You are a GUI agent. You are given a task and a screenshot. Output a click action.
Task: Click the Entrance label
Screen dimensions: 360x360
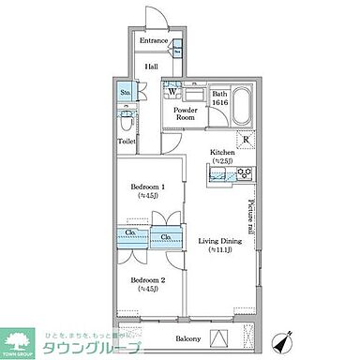tap(154, 41)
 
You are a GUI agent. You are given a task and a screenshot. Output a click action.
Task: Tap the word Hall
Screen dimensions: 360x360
tap(152, 67)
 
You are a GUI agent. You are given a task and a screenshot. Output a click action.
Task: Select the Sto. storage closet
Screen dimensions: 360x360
tap(126, 93)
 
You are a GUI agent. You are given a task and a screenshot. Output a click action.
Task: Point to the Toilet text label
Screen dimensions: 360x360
tap(127, 141)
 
